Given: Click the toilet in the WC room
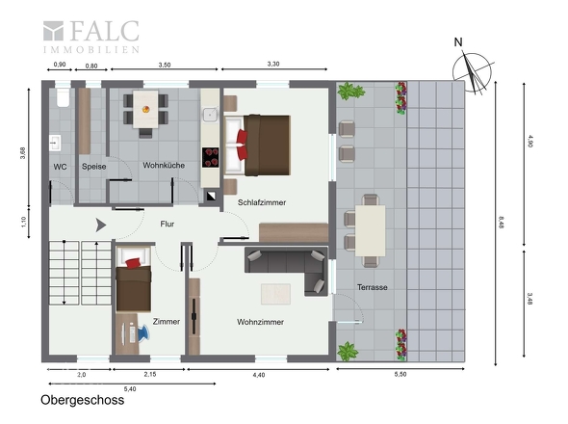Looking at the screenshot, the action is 63,97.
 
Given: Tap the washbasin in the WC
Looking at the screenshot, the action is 55,143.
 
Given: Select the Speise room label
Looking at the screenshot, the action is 93,167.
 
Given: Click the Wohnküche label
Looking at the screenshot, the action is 164,166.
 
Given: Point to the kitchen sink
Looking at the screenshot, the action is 210,115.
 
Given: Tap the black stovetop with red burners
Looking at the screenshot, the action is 211,157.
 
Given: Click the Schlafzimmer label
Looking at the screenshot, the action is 262,202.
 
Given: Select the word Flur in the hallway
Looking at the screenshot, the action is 167,225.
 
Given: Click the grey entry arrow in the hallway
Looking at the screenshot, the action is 100,225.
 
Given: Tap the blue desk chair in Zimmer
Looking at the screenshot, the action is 142,333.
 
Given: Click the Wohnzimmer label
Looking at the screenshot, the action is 260,322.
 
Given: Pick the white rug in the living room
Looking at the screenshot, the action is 275,294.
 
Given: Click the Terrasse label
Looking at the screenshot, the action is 372,287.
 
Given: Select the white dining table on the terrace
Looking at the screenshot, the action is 370,230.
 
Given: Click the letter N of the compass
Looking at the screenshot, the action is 458,42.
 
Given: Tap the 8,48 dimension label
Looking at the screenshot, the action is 501,222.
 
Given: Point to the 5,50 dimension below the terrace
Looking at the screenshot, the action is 400,374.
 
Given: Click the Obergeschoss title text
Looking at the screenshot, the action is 82,400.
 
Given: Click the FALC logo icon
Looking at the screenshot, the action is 53,31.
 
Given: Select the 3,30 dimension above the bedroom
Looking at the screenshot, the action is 273,64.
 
